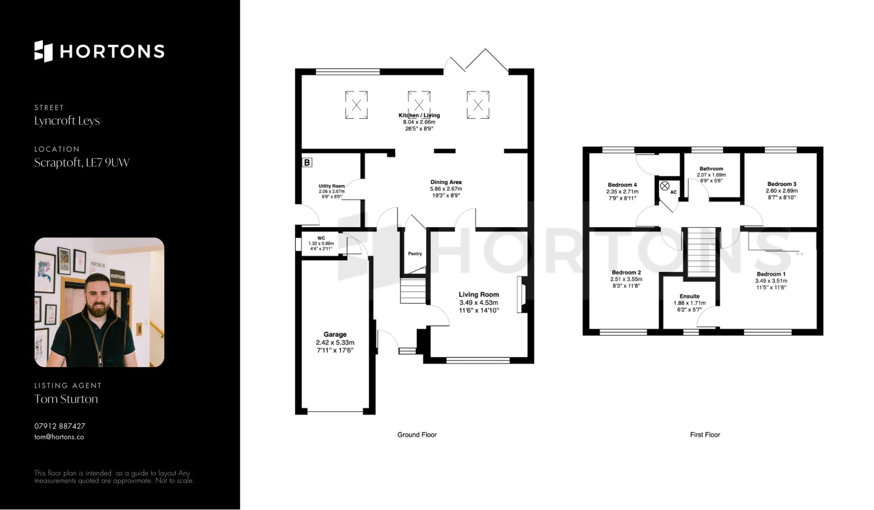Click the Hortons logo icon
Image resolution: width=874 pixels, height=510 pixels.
tap(44, 51)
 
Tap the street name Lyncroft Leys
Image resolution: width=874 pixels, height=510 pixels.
tap(67, 121)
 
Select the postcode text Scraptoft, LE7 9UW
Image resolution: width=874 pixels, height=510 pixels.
tap(82, 163)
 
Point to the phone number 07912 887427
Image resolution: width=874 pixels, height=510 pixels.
tap(60, 426)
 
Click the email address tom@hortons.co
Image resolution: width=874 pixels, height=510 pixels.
tap(59, 437)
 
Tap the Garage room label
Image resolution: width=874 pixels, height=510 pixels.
tap(335, 334)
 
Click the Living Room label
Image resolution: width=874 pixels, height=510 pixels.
tap(479, 295)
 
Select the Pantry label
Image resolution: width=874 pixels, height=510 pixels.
tap(415, 254)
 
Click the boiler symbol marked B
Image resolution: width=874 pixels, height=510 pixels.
tap(307, 163)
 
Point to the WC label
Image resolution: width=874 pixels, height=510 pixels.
tap(321, 238)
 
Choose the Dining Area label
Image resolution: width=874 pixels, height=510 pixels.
tap(446, 182)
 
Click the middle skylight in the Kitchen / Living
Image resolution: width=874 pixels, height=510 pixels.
tap(419, 105)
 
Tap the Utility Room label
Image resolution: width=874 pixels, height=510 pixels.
tap(331, 186)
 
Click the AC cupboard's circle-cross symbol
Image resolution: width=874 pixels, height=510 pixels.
tap(665, 186)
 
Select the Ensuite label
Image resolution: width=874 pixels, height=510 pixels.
tap(690, 296)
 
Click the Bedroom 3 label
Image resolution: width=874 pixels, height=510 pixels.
tap(782, 184)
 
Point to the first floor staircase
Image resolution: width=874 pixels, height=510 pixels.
tap(701, 252)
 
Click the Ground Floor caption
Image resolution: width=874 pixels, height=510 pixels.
tap(417, 435)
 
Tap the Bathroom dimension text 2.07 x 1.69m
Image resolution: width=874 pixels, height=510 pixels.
tap(711, 175)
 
